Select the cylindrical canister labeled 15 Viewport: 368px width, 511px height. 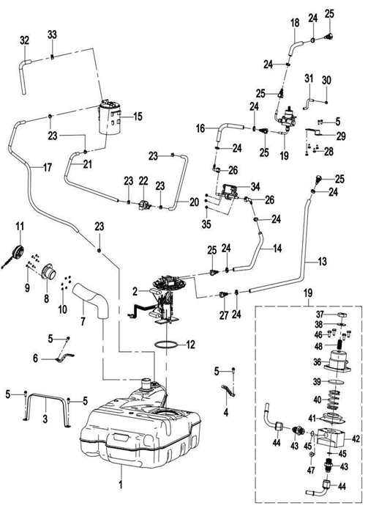click(110, 120)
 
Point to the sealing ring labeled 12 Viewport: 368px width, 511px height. click(168, 342)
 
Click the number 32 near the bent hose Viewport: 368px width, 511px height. click(26, 39)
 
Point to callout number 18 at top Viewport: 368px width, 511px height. click(296, 23)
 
